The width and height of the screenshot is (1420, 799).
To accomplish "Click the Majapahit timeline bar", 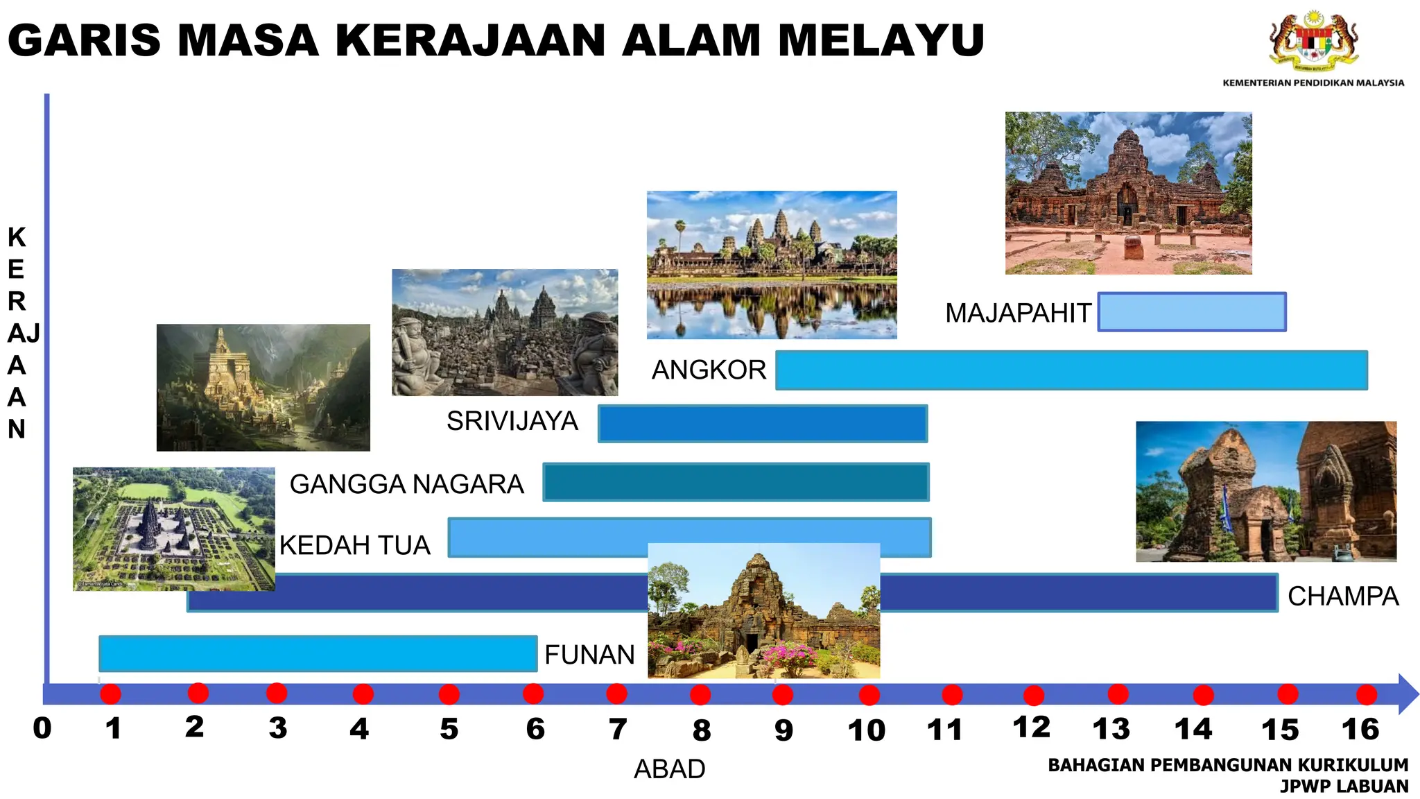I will pos(1192,312).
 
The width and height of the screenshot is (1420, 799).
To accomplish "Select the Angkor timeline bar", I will pos(1071,370).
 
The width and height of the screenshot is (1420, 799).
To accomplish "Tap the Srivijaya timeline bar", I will pos(763,424).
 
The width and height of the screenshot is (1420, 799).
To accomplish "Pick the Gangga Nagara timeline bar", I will pos(736,482).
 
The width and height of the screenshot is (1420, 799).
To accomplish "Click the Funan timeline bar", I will pos(318,653).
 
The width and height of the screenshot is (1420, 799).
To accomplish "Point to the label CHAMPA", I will pos(1343,596).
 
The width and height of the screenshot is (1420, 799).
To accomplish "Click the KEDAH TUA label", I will pos(355,545).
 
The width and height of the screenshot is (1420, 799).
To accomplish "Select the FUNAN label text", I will pos(589,655).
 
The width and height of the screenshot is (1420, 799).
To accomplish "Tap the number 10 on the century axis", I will pos(867,730).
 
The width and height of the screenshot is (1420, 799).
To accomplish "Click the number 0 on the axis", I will pos(42,728).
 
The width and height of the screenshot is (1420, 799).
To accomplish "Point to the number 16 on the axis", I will pos(1360,729).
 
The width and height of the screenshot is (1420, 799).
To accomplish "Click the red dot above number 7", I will pos(616,694).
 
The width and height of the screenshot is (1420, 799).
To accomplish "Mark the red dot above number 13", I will pos(1118,694).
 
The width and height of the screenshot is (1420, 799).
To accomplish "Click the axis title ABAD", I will pos(670,769).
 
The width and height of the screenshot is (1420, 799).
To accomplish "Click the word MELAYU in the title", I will pos(881,40).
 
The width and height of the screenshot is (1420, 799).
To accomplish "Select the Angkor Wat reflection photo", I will pos(772,265).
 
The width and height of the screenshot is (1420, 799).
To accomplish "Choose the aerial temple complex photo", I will pos(173,529).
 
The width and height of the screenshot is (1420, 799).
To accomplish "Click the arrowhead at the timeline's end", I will pos(1408,694).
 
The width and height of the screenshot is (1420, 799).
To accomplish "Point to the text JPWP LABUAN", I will pos(1344,787).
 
